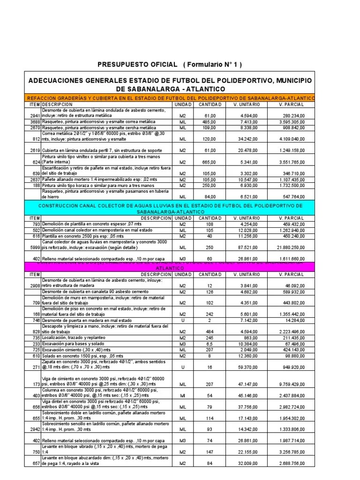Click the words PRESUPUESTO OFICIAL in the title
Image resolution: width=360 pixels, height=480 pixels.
click(137, 64)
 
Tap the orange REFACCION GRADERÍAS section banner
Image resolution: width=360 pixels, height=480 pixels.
click(169, 97)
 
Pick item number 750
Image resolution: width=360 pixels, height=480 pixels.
click(36, 451)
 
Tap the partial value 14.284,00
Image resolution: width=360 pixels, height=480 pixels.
click(294, 321)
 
